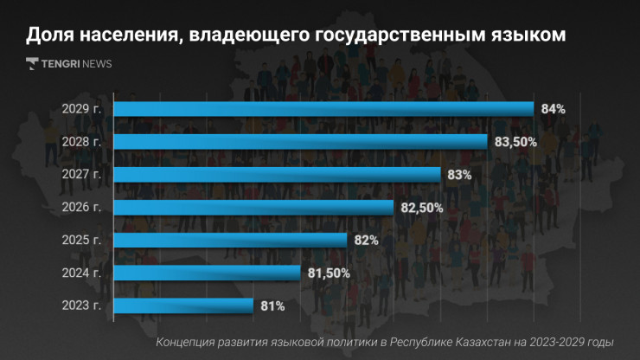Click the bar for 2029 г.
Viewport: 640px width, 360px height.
point(323,109)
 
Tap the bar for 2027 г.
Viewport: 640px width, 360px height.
point(277,175)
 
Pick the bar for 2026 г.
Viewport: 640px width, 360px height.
point(253,208)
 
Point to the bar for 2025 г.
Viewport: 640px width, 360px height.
point(230,240)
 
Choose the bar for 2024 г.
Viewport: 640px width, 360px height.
point(207,273)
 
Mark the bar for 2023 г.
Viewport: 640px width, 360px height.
point(183,305)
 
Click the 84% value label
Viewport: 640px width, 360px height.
point(553,109)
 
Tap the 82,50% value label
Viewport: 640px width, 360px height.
point(422,208)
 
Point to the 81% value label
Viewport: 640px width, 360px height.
point(272,305)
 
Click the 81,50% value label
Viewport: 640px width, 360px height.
point(329,273)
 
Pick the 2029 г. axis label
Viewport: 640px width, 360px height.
point(82,109)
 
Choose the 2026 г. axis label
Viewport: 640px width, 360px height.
point(82,208)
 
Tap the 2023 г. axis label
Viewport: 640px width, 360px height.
point(82,305)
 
